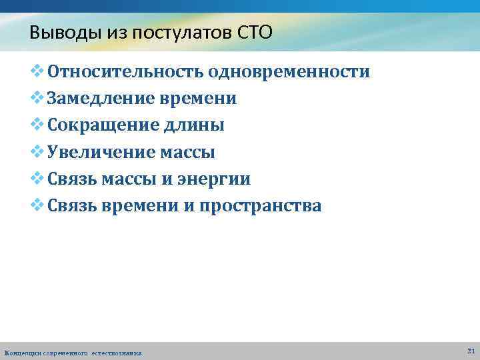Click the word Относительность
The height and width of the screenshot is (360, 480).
tap(125, 72)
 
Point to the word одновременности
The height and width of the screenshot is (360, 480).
tap(289, 72)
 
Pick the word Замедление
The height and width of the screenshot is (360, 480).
tap(100, 99)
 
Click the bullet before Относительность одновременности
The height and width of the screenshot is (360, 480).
tap(38, 71)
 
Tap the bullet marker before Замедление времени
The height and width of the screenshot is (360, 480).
tap(38, 98)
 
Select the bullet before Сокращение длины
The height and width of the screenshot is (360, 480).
tap(38, 125)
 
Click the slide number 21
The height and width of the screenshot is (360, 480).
tap(471, 350)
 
